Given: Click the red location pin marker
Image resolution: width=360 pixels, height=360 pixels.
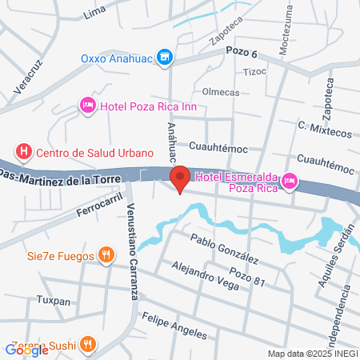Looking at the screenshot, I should [180, 178].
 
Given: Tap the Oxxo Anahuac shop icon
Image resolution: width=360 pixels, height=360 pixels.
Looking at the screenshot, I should [166, 58].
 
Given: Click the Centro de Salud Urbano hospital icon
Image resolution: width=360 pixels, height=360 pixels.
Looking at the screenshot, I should [25, 151].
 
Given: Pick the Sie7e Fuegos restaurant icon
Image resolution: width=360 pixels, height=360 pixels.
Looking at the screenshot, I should [105, 255].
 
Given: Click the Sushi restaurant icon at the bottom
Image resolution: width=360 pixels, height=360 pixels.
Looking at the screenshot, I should [89, 345].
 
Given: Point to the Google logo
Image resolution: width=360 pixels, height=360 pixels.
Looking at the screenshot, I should [26, 350].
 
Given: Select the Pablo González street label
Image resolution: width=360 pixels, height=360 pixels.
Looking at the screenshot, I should [225, 249].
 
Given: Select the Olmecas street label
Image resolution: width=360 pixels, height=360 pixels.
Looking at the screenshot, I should [222, 92].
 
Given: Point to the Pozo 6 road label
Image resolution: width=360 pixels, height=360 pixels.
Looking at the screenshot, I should [242, 53].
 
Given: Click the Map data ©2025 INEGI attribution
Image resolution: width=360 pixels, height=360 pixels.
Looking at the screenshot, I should [313, 354].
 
